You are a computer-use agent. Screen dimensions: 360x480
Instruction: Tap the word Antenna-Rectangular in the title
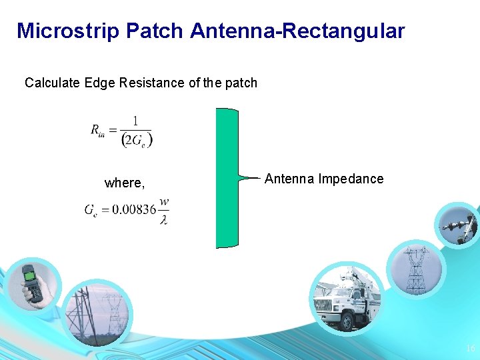pyautogui.click(x=297, y=31)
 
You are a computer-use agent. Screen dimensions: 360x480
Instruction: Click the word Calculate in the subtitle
pyautogui.click(x=52, y=83)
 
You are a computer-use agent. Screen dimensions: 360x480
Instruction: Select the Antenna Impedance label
pyautogui.click(x=324, y=179)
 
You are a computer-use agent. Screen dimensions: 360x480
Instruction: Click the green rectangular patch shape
pyautogui.click(x=227, y=178)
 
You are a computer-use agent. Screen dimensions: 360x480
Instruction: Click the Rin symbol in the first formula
pyautogui.click(x=98, y=130)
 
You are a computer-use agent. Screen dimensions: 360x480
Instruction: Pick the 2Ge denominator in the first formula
pyautogui.click(x=137, y=139)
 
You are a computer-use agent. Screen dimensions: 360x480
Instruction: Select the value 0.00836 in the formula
pyautogui.click(x=133, y=209)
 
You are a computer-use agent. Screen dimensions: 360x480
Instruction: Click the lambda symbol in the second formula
pyautogui.click(x=163, y=219)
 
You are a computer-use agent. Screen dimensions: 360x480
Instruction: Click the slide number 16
pyautogui.click(x=470, y=349)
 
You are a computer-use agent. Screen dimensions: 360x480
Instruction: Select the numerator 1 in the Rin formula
pyautogui.click(x=136, y=121)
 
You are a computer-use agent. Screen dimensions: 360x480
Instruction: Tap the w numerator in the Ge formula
pyautogui.click(x=164, y=201)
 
